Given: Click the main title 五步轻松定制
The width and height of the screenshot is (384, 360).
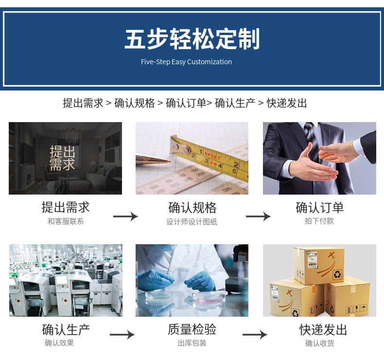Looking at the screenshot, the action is point(192,39).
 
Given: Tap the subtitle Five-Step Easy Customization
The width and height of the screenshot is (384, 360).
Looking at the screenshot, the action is point(186,62).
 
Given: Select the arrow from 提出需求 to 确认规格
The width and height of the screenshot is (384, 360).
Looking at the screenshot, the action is point(125,216).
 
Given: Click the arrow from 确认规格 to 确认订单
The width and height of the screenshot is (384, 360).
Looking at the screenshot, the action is point(259,216).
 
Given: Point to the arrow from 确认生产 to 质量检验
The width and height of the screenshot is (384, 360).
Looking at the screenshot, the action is point(122,335).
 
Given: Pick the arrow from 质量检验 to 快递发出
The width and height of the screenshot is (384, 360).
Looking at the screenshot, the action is point(255,335).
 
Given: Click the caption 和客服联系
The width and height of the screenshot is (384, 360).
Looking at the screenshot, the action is point(66,221).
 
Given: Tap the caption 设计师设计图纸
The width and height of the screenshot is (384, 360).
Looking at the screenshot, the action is point(192,222).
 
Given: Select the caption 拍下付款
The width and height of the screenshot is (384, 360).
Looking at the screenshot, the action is point(319,221).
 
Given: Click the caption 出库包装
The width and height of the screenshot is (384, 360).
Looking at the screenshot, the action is point(192,343).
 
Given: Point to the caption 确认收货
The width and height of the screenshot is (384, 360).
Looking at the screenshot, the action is point(319,343).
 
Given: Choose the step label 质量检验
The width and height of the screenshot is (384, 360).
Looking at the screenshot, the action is point(192,329).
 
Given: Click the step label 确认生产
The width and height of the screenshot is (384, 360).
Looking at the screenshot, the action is point(66,330).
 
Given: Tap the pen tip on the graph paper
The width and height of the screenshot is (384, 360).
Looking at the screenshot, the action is point(169,161).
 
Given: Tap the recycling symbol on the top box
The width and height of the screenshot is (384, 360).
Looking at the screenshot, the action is point(337,274).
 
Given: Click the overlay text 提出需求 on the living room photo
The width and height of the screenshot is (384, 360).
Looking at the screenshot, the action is point(62,158).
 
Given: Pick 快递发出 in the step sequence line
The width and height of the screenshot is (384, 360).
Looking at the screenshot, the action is point(286,103).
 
